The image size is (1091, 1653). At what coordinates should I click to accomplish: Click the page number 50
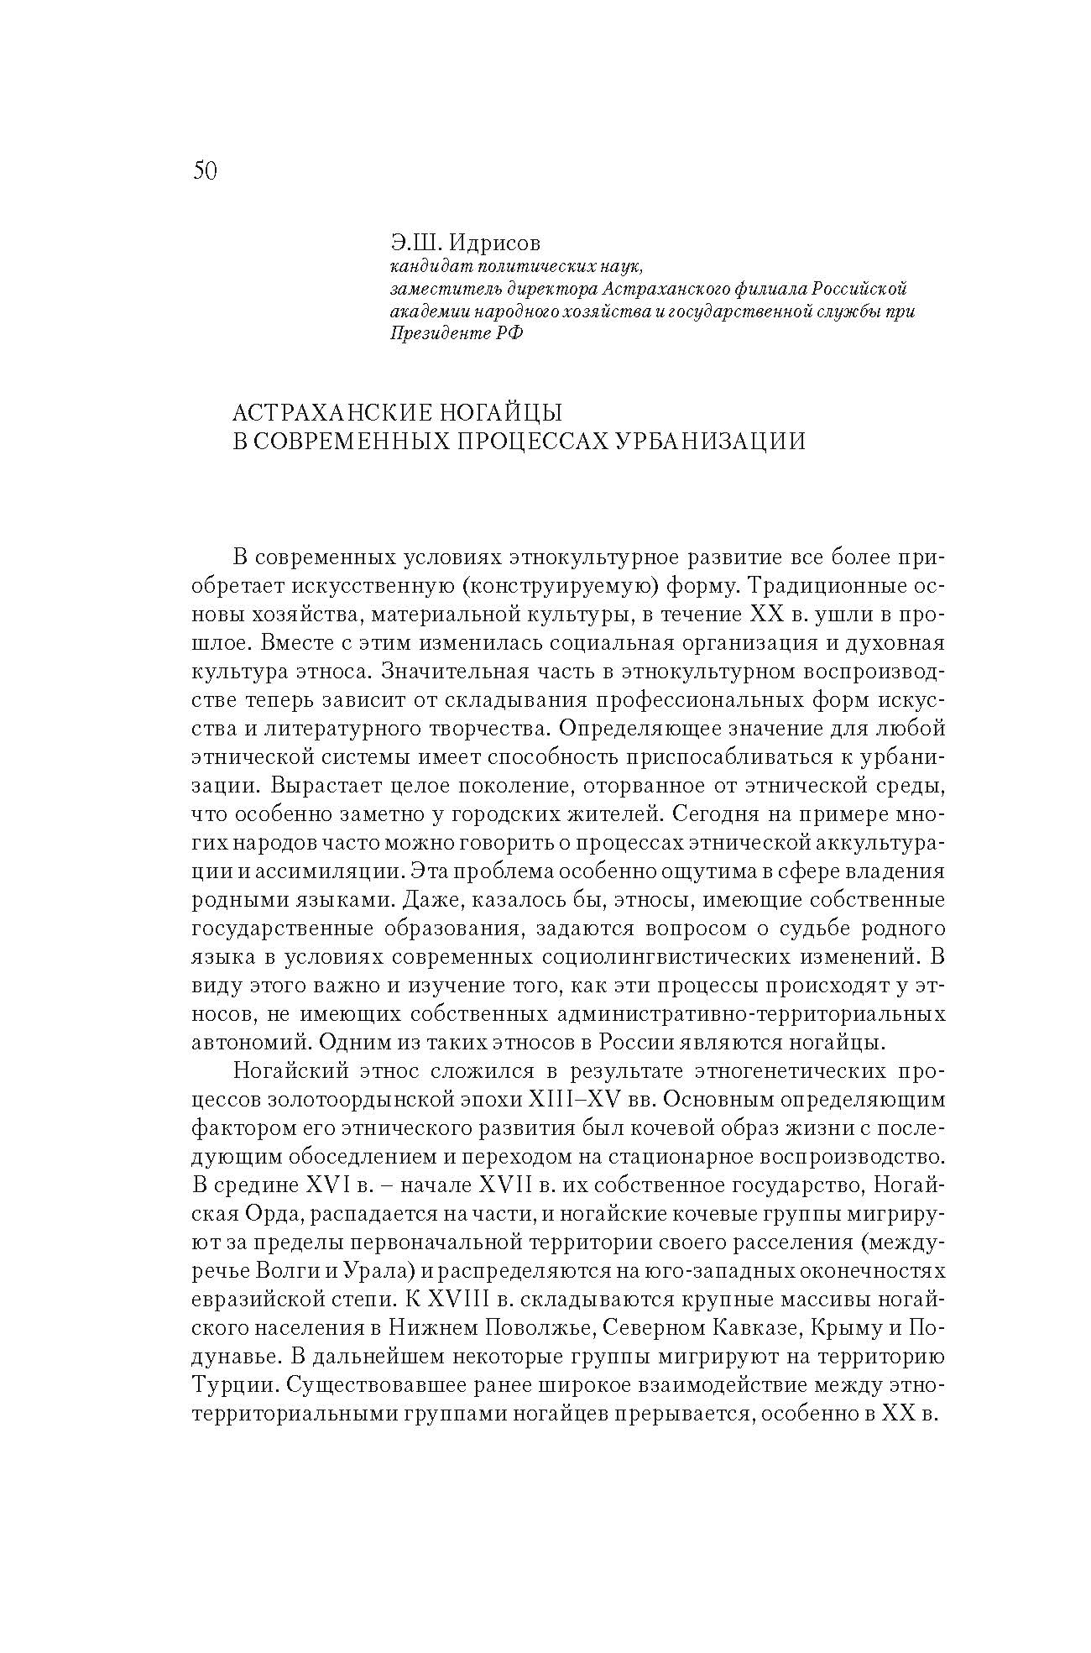(x=205, y=171)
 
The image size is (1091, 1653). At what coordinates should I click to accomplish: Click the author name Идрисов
(x=497, y=243)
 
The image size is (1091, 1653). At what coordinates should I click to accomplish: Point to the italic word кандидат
(x=424, y=267)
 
